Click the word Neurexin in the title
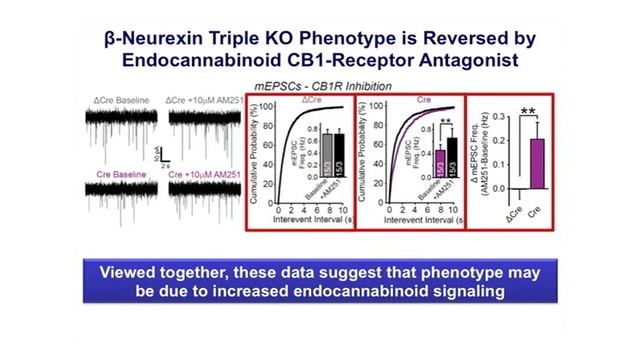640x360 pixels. click(212, 40)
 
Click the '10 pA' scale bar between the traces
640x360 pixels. click(158, 158)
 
